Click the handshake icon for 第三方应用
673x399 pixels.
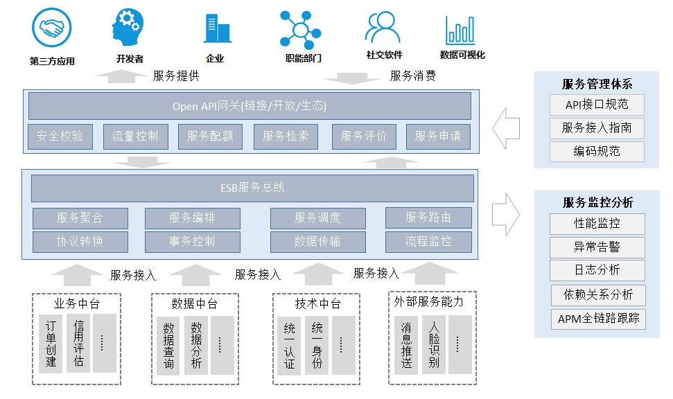tap(51, 28)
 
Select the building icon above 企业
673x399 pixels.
tap(216, 28)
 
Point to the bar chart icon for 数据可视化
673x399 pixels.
tap(460, 30)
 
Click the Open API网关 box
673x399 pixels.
tap(250, 106)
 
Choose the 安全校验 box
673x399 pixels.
tap(60, 136)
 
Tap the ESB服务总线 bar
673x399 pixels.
tap(252, 188)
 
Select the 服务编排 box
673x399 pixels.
tap(192, 218)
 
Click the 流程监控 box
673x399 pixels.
tap(428, 242)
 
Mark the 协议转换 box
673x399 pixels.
tap(80, 242)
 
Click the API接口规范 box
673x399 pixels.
tap(597, 105)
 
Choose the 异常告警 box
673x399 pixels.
tap(597, 247)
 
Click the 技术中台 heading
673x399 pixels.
tap(317, 303)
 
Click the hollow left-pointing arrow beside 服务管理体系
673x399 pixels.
tap(505, 127)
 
